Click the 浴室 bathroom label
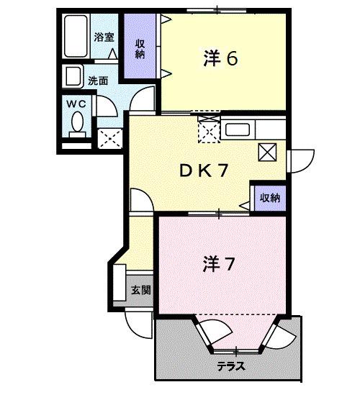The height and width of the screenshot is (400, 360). tap(104, 37)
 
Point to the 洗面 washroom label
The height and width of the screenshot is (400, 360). tap(98, 81)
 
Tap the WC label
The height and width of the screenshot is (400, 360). tap(76, 104)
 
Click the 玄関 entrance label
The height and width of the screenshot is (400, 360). tap(140, 291)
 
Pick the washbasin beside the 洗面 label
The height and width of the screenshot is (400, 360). tap(73, 77)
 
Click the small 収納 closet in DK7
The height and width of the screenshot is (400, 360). tap(270, 197)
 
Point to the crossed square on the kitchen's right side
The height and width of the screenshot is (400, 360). tap(268, 151)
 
